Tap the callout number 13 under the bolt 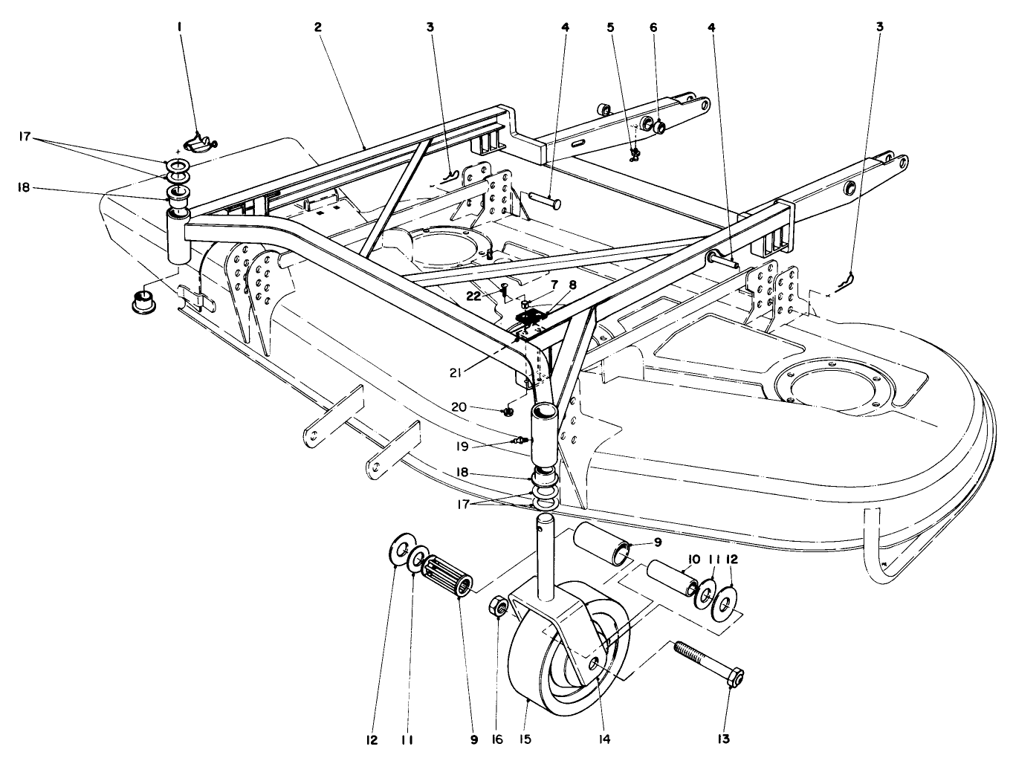click(724, 739)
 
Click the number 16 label click(498, 739)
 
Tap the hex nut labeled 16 click(499, 607)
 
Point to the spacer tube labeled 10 click(670, 577)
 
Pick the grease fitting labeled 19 click(525, 440)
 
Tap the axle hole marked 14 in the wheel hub click(594, 661)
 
